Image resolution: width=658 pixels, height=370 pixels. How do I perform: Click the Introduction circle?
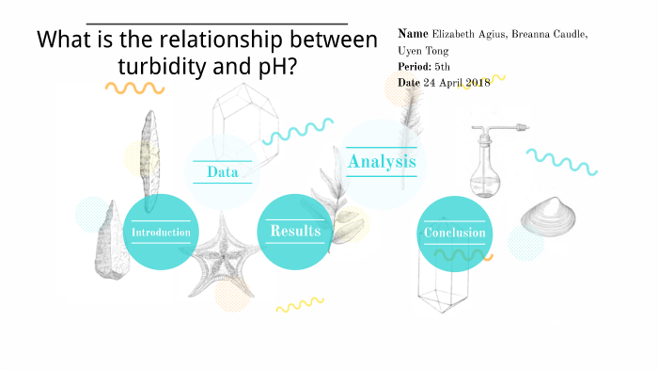161,233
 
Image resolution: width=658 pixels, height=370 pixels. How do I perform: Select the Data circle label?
222,172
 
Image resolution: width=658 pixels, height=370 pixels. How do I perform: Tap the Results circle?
295,232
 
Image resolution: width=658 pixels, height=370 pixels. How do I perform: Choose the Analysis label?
381,162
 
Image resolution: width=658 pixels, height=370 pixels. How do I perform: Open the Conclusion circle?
454,233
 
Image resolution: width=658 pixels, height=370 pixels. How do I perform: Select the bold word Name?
414,34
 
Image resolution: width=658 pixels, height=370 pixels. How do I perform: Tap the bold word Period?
415,66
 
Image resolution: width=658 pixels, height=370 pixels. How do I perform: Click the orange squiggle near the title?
135,88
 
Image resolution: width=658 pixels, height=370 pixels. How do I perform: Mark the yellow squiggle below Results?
299,304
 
